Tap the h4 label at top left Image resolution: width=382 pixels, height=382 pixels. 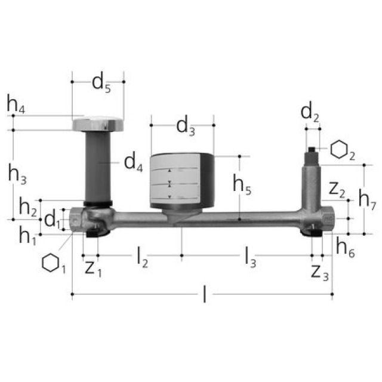16,104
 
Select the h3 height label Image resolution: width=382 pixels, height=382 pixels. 17,174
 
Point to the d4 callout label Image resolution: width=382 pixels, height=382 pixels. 134,163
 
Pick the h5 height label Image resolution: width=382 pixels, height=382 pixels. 242,184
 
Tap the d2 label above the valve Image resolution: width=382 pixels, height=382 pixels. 310,113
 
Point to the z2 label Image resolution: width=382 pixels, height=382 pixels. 337,190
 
